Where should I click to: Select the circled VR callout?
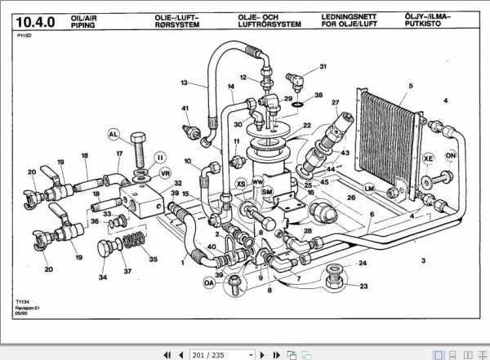165,173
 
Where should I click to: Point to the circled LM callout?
369,189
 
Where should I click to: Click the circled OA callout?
209,283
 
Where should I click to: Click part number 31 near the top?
323,66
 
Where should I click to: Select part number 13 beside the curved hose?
185,83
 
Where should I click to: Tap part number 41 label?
185,109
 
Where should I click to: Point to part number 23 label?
363,286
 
